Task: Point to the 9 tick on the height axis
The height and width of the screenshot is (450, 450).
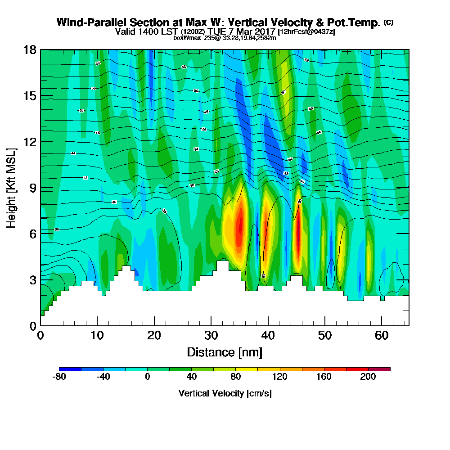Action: [40, 188]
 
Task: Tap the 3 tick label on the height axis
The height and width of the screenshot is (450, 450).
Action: [33, 279]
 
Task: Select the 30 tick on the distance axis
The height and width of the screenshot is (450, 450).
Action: [211, 325]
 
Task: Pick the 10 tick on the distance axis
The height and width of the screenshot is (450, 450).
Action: [97, 325]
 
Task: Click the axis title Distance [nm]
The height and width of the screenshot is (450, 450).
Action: [225, 352]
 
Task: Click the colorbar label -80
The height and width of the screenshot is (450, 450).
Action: [59, 377]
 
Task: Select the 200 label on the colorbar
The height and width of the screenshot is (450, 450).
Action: [368, 377]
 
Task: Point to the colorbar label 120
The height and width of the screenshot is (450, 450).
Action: [280, 377]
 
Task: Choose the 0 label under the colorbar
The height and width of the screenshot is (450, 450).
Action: [147, 377]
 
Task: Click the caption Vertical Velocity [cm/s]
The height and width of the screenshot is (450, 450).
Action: [225, 393]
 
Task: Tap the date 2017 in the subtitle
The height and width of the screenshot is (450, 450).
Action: [265, 31]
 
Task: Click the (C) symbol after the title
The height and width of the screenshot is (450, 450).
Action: [388, 22]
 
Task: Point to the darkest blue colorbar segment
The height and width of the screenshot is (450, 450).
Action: [70, 369]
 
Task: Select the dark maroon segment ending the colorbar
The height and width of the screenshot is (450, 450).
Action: [379, 369]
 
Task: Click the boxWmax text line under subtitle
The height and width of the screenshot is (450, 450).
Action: [225, 38]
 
